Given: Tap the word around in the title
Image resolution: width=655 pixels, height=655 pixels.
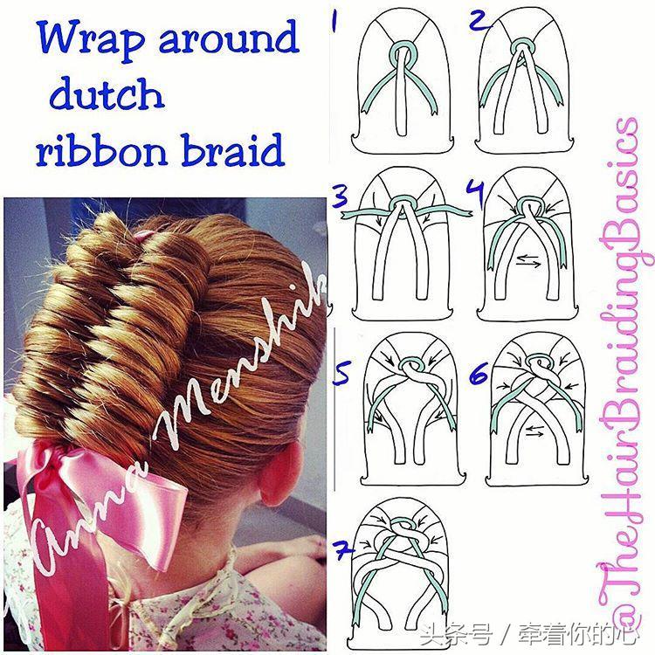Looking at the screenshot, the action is coord(230,37).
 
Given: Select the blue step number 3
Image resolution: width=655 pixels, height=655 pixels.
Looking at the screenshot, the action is coord(341,196).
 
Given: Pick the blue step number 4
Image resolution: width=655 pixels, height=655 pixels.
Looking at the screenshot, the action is coord(476,192).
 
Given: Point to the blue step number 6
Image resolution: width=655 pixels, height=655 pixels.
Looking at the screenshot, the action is coord(479,373).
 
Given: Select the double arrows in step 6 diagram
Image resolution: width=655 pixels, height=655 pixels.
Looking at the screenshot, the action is coord(535,431).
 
